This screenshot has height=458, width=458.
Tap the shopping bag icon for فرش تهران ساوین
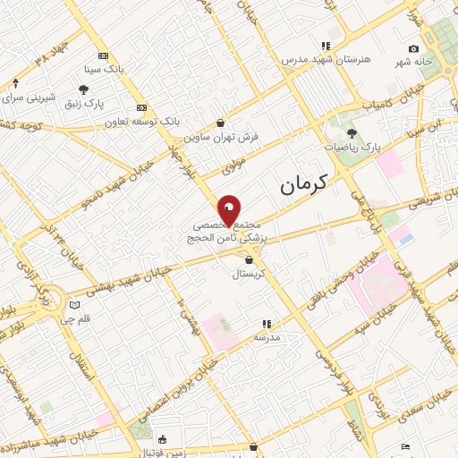221,123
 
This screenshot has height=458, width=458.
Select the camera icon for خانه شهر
413,48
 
